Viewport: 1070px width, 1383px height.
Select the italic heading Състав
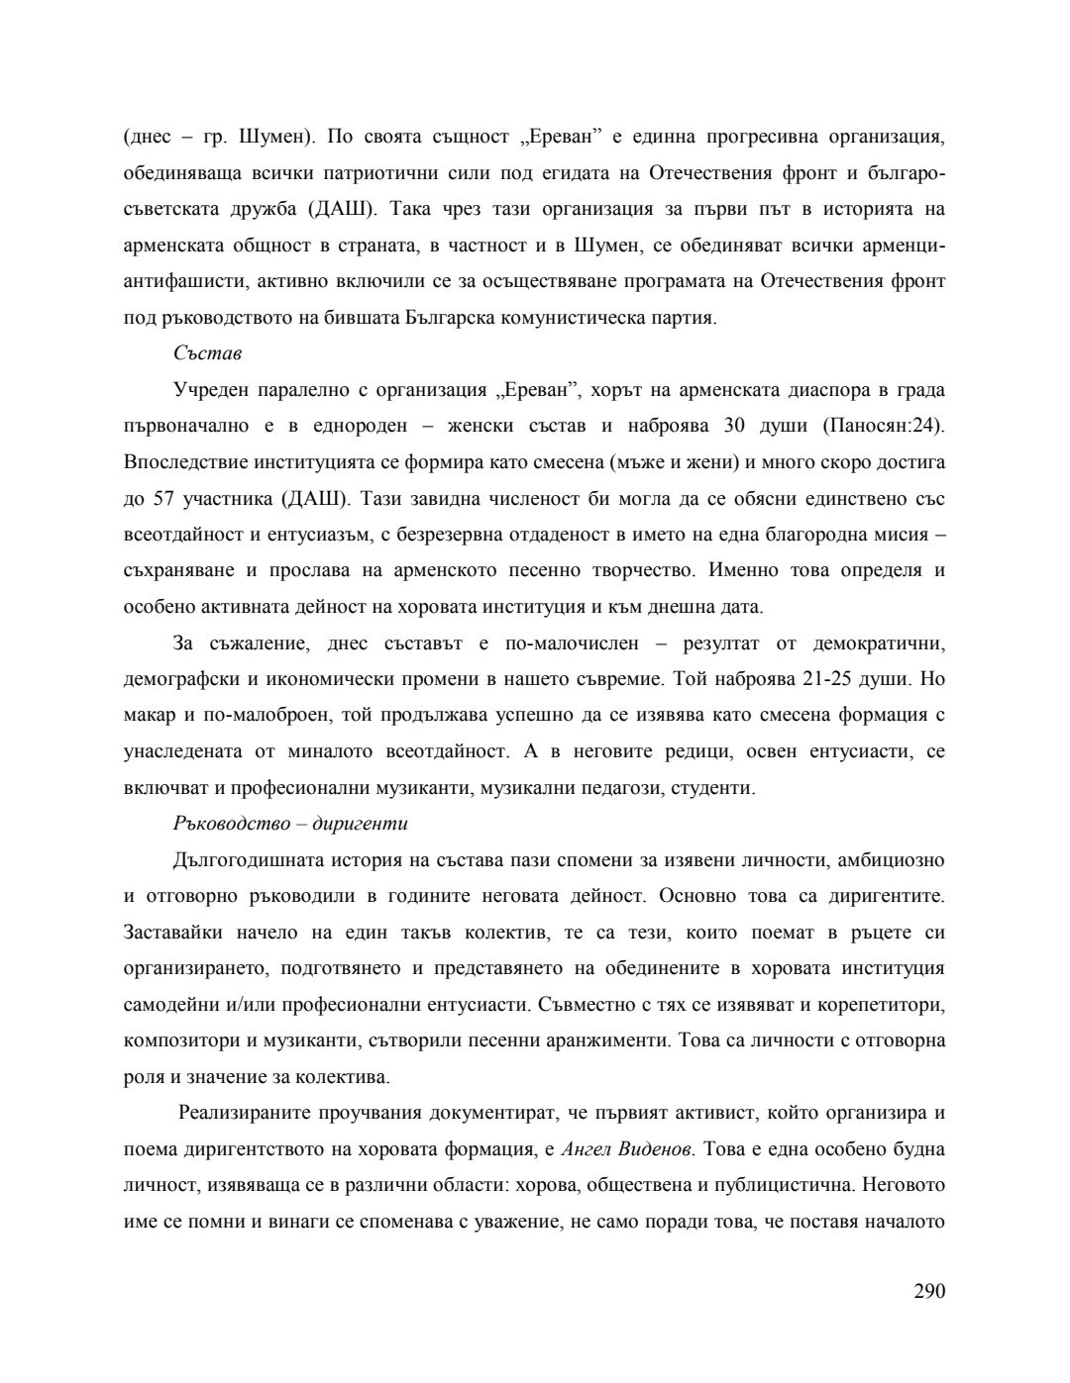click(207, 353)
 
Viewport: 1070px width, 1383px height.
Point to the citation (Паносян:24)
click(884, 426)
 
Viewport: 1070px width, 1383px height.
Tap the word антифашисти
click(184, 281)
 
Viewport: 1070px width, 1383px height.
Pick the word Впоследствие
click(182, 462)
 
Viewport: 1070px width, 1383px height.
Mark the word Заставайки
click(173, 933)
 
